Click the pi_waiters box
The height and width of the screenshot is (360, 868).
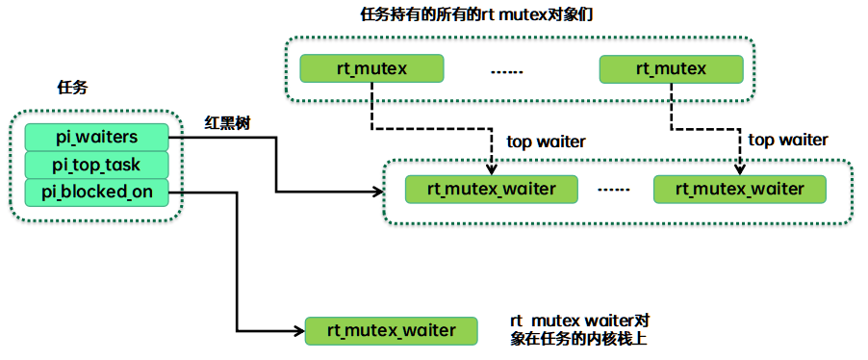[96, 137]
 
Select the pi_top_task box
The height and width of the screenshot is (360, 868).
[96, 165]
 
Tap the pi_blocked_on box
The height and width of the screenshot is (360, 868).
[96, 193]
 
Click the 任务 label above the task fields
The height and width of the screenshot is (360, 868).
[72, 88]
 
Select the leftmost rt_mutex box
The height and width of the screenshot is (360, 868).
[371, 68]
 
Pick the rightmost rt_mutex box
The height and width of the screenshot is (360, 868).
[671, 68]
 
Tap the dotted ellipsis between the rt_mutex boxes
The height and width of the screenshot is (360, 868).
[506, 70]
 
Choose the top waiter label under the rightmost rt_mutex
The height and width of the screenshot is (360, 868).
[787, 140]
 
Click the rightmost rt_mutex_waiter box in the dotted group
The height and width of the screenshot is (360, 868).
[739, 189]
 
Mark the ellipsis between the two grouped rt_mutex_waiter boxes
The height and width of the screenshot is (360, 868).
[614, 190]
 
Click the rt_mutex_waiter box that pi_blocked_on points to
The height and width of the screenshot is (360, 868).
[392, 330]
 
